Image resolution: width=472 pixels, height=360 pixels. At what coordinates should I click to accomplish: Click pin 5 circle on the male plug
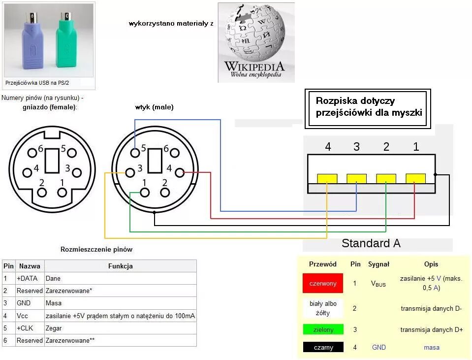(135, 153)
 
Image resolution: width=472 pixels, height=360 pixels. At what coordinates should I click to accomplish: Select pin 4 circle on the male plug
(180, 172)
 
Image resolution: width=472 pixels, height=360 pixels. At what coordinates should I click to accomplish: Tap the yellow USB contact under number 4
(327, 178)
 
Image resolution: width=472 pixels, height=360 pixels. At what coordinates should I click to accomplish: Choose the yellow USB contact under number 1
(415, 178)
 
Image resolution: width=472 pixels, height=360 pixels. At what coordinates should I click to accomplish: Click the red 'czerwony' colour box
(323, 284)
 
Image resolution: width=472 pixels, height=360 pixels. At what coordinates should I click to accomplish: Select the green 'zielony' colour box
(323, 329)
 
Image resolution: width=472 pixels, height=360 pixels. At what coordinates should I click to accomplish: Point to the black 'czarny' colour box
(323, 347)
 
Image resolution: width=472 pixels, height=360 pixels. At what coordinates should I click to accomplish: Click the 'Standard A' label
(371, 243)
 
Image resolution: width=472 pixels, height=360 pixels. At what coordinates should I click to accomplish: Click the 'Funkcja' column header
(120, 266)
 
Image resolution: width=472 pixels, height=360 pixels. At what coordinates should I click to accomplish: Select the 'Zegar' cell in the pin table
(55, 328)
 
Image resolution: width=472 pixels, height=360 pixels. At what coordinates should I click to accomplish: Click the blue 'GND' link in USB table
(378, 347)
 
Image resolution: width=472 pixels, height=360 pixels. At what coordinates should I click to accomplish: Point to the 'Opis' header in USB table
(431, 264)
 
